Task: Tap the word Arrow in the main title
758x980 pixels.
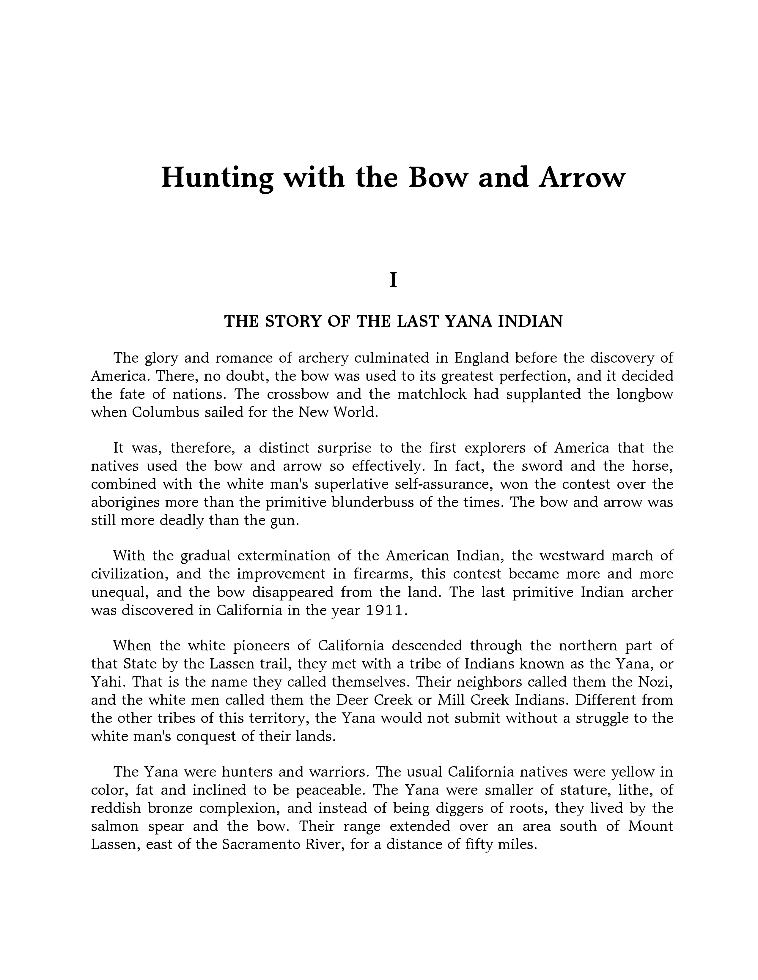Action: click(582, 177)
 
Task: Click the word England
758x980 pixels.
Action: click(481, 358)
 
